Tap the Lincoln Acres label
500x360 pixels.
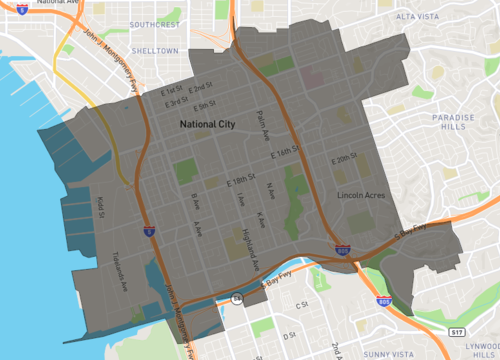[x=361, y=194]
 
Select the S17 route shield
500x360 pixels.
[x=456, y=330]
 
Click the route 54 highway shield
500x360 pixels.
[x=237, y=297]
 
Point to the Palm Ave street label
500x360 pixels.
[x=265, y=125]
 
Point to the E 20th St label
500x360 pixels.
[x=345, y=158]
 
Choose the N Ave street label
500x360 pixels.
[x=269, y=189]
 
